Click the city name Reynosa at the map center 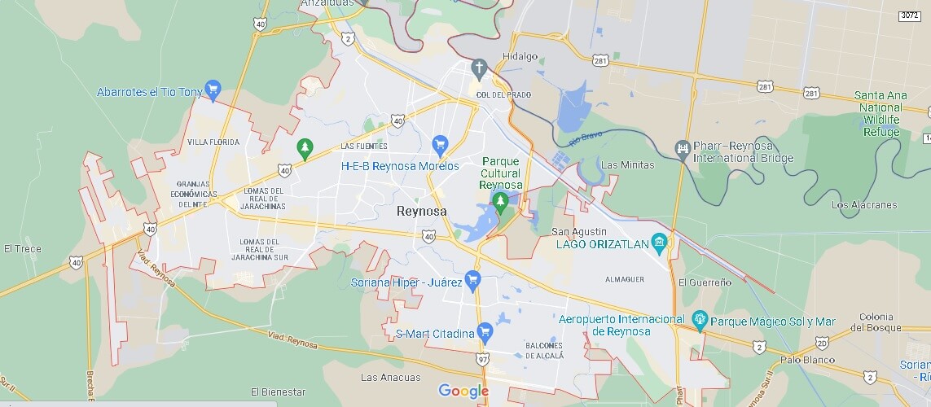pyautogui.click(x=420, y=211)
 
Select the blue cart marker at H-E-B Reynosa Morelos pyautogui.click(x=441, y=146)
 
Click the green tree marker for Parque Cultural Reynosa pyautogui.click(x=500, y=200)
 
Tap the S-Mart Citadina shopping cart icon pyautogui.click(x=485, y=331)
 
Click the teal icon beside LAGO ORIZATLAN pyautogui.click(x=659, y=242)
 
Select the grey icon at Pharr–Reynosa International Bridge pyautogui.click(x=683, y=147)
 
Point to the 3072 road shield pyautogui.click(x=910, y=15)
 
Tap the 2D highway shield pyautogui.click(x=822, y=344)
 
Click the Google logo pyautogui.click(x=463, y=392)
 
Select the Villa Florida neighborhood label pyautogui.click(x=213, y=142)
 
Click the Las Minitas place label pyautogui.click(x=627, y=165)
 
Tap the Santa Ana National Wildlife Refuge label pyautogui.click(x=880, y=113)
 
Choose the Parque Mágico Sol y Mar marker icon pyautogui.click(x=699, y=319)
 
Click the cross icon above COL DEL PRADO pyautogui.click(x=479, y=67)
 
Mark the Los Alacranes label pyautogui.click(x=864, y=205)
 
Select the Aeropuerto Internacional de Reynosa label pyautogui.click(x=621, y=325)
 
